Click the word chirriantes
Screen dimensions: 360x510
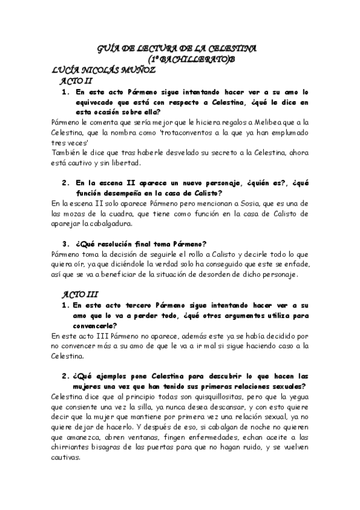click(73, 447)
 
